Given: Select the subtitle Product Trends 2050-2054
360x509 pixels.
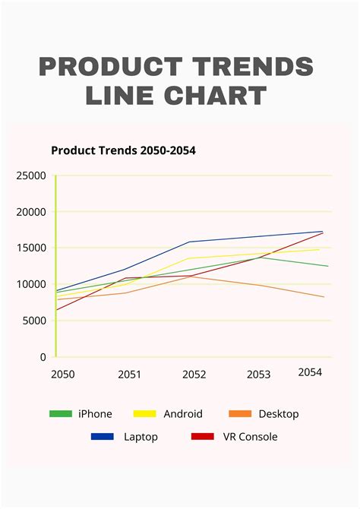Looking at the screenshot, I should click(x=123, y=150).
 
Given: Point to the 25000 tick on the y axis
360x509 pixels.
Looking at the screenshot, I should click(x=30, y=176).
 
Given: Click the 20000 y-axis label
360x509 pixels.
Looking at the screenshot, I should click(x=30, y=212).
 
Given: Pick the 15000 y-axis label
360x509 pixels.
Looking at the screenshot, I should click(x=30, y=248).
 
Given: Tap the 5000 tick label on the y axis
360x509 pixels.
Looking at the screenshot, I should click(x=33, y=321).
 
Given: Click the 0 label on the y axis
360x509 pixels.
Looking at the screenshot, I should click(x=43, y=356).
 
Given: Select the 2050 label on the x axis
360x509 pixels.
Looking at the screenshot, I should click(x=63, y=375).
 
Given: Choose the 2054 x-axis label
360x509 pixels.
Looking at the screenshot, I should click(x=310, y=372).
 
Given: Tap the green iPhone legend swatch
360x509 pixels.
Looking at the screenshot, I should click(x=60, y=414).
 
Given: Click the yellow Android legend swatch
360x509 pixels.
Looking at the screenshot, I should click(x=144, y=414).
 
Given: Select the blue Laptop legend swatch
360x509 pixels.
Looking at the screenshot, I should click(x=102, y=437).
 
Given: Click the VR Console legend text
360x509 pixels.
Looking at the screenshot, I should click(x=250, y=437).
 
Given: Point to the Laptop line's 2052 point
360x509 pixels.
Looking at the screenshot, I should click(x=189, y=242).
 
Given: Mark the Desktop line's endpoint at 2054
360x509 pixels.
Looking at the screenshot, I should click(x=324, y=297).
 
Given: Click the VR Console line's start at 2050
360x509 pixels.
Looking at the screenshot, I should click(x=57, y=309).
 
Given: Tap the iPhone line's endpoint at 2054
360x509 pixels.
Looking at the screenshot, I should click(x=328, y=266).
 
